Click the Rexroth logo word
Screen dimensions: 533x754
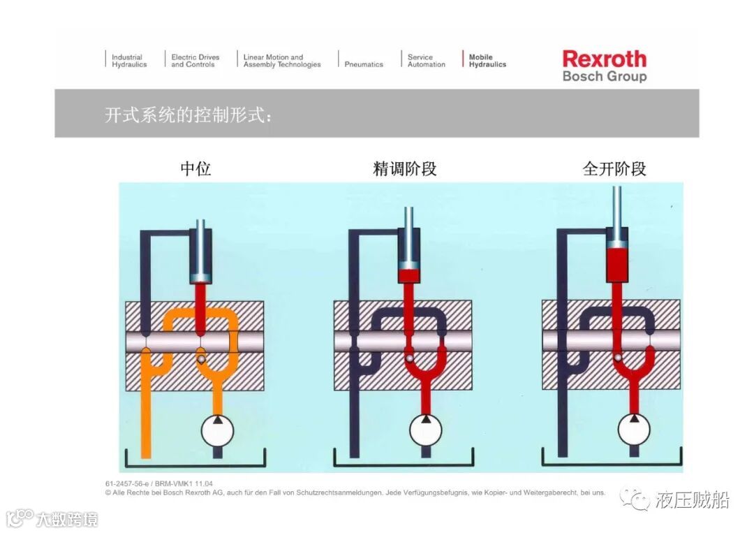[604, 59]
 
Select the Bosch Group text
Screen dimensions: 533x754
[604, 76]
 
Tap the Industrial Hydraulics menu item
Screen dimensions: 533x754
[129, 61]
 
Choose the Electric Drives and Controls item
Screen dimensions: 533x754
[195, 61]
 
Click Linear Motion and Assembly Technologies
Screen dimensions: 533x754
[281, 61]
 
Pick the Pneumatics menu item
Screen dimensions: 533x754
[364, 64]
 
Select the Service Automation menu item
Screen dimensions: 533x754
[426, 61]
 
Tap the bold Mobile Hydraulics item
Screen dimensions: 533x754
[487, 61]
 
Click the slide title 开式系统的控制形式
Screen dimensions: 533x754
[187, 115]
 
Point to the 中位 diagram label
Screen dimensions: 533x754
[195, 168]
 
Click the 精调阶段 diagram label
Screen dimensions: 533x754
[405, 168]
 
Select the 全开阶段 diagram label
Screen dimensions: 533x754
[614, 168]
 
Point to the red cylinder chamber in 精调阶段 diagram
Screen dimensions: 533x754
[408, 273]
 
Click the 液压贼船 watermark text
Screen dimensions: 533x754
[692, 500]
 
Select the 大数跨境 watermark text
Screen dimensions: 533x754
[67, 519]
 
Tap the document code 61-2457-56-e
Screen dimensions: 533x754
[130, 483]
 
